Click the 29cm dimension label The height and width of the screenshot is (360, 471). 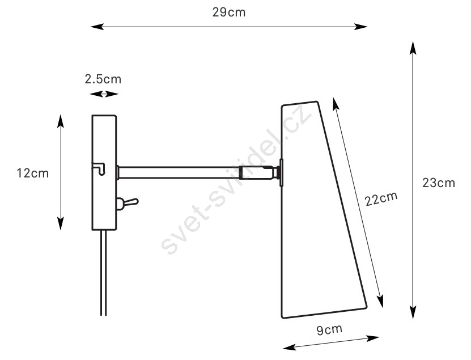[x=228, y=12]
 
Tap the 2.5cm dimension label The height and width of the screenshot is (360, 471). [x=103, y=79]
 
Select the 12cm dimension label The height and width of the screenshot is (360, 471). [x=32, y=173]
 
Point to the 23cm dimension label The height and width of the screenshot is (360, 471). [x=439, y=183]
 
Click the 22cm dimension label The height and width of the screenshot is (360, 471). [x=381, y=198]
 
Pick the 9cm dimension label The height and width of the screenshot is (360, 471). [x=329, y=329]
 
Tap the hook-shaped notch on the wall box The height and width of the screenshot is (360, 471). [x=99, y=168]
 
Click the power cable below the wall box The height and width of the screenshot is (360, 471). [x=103, y=273]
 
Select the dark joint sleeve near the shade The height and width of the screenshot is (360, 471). [x=257, y=173]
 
